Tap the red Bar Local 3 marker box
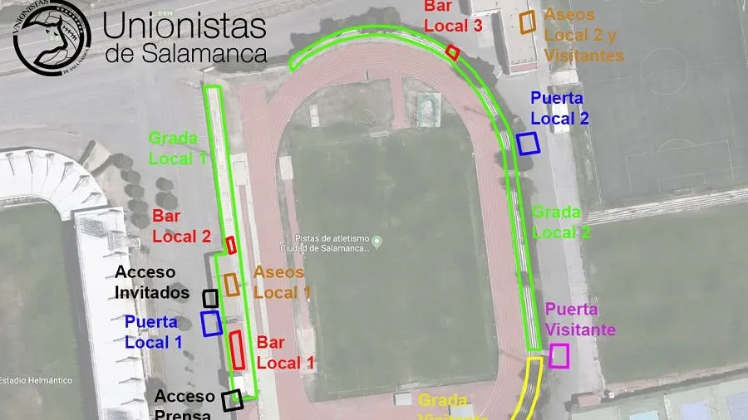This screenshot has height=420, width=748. coord(453,51)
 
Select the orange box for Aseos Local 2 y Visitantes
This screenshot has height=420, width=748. coord(527,22)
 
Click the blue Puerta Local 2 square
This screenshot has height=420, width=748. coord(528,143)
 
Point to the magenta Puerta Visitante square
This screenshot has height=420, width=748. coord(559,355)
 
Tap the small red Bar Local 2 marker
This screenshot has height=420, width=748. coord(232,245)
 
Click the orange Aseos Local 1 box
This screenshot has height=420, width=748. coord(232,284)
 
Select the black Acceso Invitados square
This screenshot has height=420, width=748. coord(210,297)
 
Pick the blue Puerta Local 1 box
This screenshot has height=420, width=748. coord(211,322)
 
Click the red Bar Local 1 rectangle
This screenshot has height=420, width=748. coord(237,349)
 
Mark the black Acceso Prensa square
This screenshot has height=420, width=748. coord(233,399)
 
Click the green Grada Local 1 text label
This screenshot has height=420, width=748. coord(176,147)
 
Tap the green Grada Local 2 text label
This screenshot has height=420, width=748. coord(561,222)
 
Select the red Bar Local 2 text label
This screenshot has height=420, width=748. coord(181,227)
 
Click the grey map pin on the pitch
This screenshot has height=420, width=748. coord(377,242)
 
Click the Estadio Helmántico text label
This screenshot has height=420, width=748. coord(35,380)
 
